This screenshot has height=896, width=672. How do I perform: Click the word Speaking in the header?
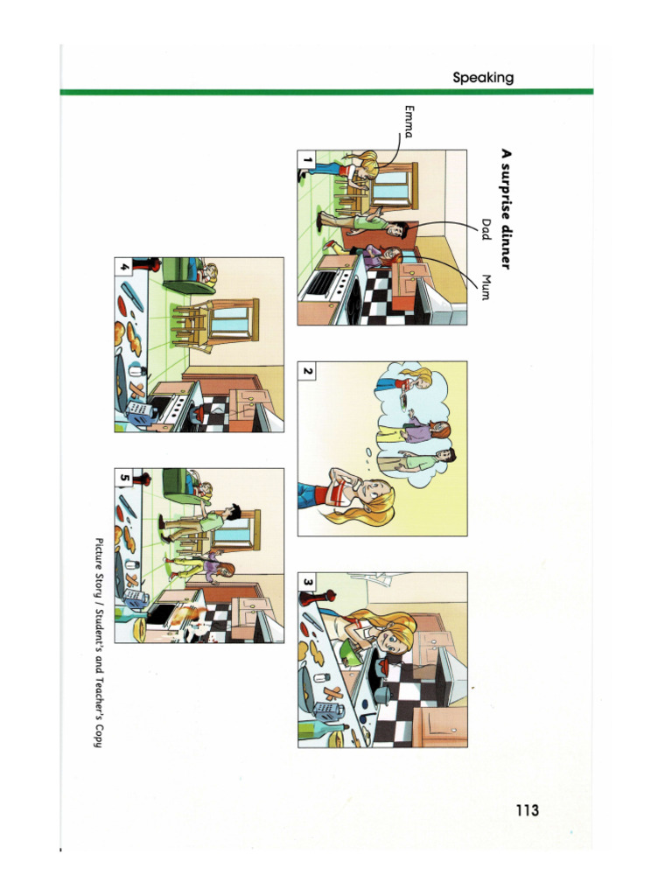[483, 78]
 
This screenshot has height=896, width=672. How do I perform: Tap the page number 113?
[527, 810]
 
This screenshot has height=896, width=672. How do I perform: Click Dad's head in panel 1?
[395, 229]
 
